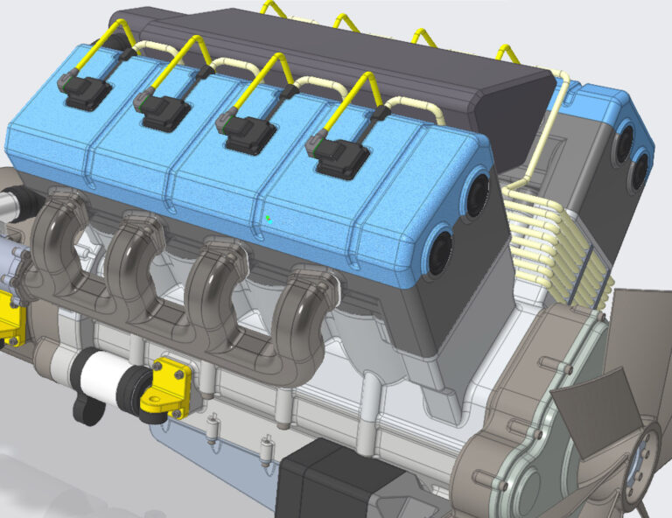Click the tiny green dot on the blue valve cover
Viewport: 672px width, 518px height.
pyautogui.click(x=269, y=219)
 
